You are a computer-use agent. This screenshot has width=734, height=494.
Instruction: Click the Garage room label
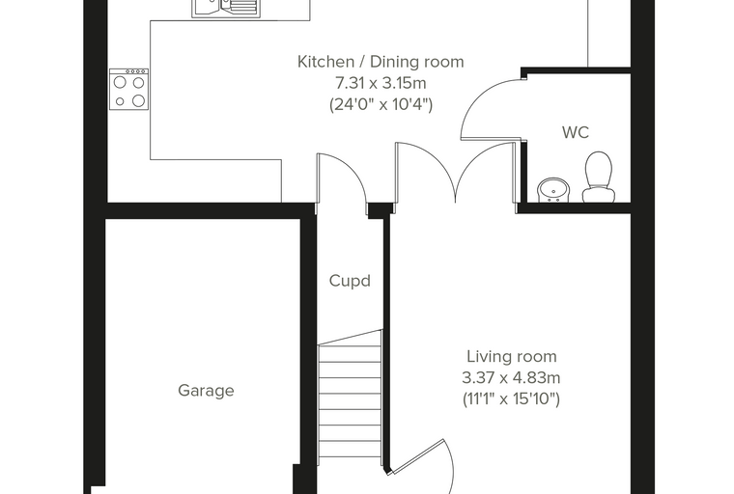click(206, 390)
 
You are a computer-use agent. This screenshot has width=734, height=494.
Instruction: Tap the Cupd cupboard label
click(350, 281)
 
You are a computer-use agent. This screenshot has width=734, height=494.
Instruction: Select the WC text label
click(576, 132)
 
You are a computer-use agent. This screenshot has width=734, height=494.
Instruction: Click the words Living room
click(512, 356)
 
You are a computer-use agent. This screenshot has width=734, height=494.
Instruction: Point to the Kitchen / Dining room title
click(381, 62)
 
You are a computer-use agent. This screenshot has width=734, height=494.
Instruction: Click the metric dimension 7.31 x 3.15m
click(381, 83)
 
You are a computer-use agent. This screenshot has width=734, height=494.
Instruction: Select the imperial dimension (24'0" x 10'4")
click(381, 104)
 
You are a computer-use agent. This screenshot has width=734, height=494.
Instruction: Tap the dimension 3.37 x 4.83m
click(511, 377)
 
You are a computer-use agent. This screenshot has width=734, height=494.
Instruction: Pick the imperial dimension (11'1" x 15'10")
click(511, 398)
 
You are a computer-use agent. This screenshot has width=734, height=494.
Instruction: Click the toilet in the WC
click(598, 177)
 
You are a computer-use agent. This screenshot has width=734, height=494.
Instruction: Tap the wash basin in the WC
click(553, 190)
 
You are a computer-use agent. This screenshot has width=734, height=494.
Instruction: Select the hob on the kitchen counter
click(128, 89)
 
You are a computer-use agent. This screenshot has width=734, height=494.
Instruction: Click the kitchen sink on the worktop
click(226, 8)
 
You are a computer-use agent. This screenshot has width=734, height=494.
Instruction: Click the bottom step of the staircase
click(350, 450)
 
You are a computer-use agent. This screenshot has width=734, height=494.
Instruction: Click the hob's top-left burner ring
click(121, 82)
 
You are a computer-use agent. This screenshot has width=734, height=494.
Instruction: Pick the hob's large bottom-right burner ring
click(138, 100)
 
